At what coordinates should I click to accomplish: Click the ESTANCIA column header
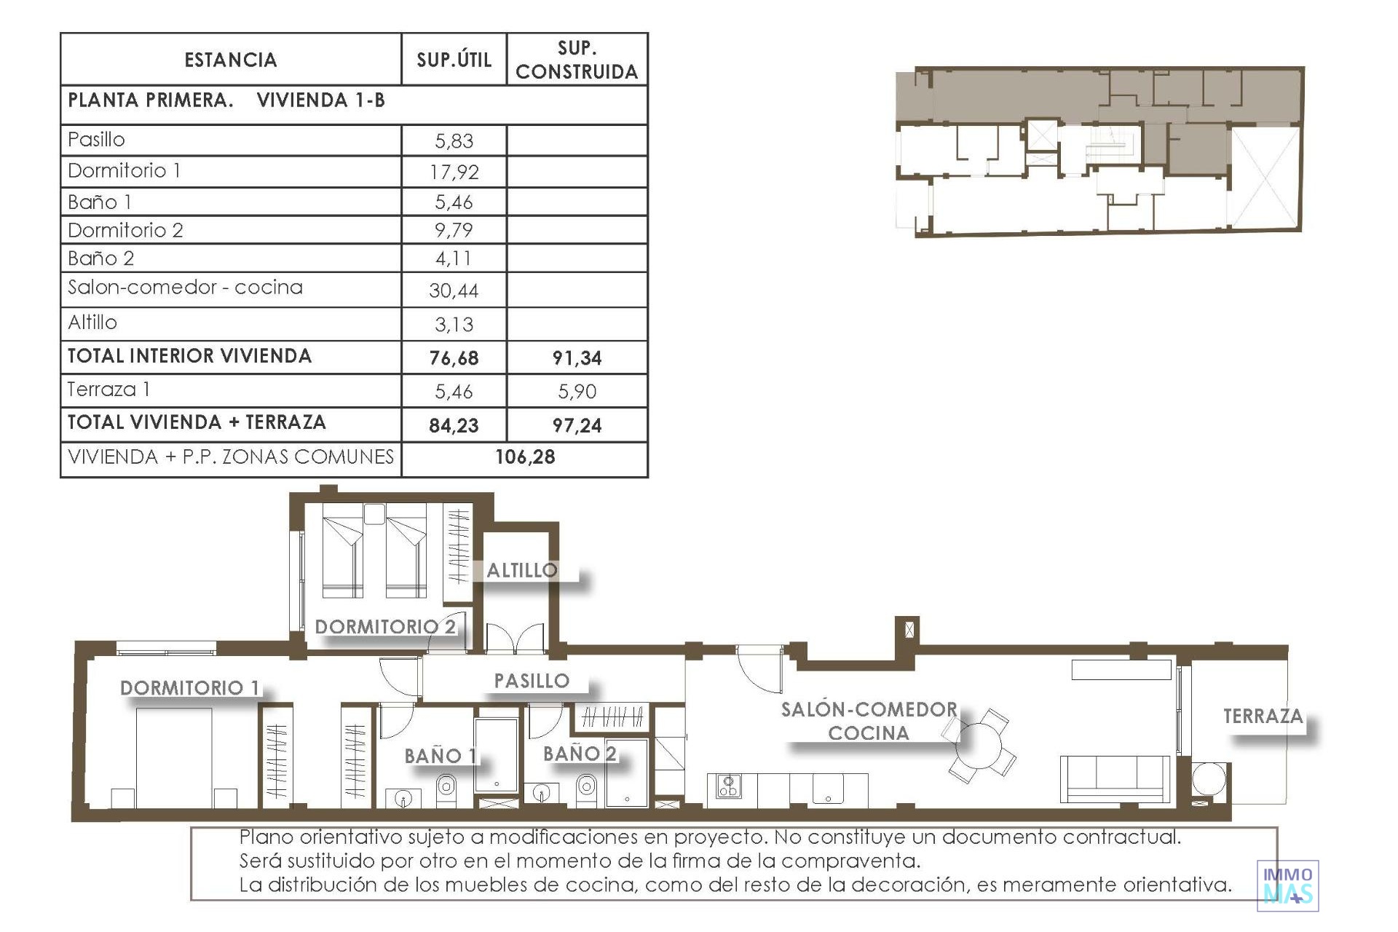click(x=231, y=60)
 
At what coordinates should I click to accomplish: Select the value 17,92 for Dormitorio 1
click(x=454, y=172)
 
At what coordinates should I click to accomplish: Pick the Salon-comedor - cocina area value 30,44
click(x=454, y=291)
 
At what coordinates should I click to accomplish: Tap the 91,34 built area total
click(x=577, y=358)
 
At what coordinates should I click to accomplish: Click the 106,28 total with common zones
click(x=525, y=457)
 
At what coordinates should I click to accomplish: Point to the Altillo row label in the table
click(x=92, y=322)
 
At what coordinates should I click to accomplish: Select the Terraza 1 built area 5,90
click(x=577, y=392)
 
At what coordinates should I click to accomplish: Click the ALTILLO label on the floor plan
click(x=522, y=570)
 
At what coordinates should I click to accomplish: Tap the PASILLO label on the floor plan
click(x=532, y=681)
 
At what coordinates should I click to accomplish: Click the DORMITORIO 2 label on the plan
click(x=385, y=626)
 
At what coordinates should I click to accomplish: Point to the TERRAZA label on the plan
click(x=1263, y=716)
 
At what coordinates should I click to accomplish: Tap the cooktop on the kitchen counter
click(x=729, y=786)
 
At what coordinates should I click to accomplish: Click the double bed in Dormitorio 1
click(x=174, y=757)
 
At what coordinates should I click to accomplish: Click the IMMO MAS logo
click(x=1287, y=885)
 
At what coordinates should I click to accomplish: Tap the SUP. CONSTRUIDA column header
click(x=577, y=60)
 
